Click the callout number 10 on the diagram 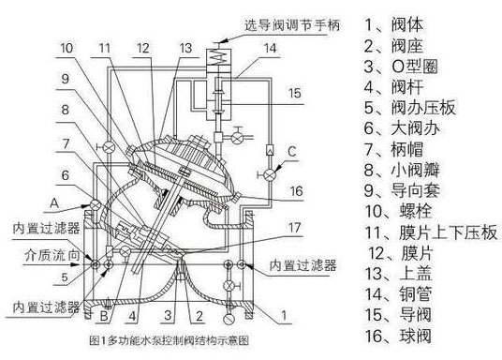click(x=73, y=46)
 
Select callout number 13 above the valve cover click(x=185, y=46)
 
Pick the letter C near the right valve click(x=293, y=151)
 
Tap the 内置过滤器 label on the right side click(x=302, y=264)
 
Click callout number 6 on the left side click(x=66, y=176)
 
